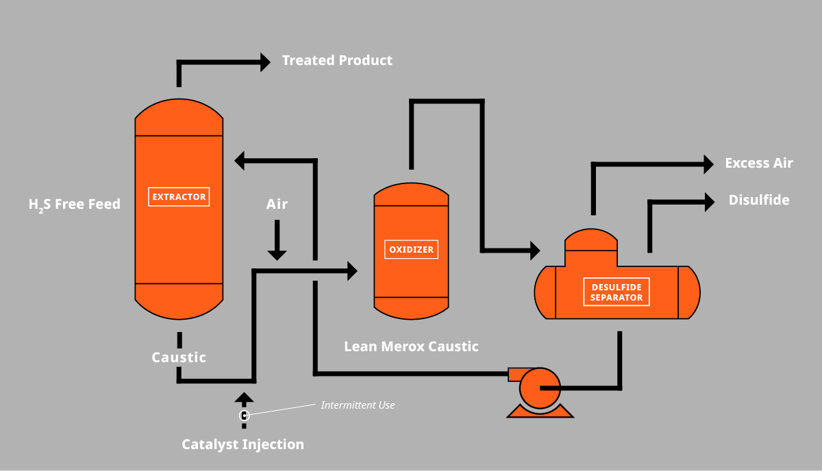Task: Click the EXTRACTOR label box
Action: tap(179, 197)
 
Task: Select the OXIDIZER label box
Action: tap(411, 249)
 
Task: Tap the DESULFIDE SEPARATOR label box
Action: tap(616, 292)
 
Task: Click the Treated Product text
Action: tap(337, 60)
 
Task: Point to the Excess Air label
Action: tap(759, 163)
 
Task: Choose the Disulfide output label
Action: tap(759, 200)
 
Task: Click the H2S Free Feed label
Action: tap(75, 204)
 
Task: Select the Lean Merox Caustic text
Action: tap(411, 346)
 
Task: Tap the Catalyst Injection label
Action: tap(242, 444)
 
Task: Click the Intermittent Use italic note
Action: tap(358, 405)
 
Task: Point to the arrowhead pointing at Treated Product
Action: tap(265, 62)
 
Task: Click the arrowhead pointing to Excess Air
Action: tap(708, 164)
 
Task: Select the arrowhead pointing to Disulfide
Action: tap(708, 201)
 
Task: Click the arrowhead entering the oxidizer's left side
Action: tap(352, 271)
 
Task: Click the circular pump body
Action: tap(539, 388)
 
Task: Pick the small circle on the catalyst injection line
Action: tap(244, 415)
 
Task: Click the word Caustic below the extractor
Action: tap(179, 357)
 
